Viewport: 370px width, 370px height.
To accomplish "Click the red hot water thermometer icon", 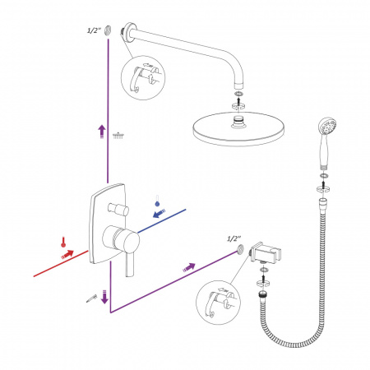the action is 63,242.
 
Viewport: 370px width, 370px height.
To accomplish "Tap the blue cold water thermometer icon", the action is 157,201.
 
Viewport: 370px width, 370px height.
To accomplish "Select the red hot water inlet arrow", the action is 67,254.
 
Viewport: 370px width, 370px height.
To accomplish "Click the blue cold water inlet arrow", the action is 159,213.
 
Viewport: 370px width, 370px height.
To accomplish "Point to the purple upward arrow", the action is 102,132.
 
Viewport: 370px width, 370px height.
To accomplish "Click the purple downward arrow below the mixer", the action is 104,296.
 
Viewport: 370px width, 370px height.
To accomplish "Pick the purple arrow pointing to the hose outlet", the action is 189,267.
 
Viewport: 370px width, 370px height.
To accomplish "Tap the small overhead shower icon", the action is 118,136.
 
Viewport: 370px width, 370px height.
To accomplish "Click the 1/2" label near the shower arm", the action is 94,30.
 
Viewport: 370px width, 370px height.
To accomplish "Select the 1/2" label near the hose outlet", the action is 234,238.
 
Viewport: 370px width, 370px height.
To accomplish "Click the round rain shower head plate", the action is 238,128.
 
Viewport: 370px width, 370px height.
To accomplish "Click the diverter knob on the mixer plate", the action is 118,210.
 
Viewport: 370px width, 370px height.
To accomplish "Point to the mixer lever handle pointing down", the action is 129,264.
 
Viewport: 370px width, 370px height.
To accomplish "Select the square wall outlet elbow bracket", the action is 266,252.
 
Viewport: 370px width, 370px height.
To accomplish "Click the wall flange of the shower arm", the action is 129,31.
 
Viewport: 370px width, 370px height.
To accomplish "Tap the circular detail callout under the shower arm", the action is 143,78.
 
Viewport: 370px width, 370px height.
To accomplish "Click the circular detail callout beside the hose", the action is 218,303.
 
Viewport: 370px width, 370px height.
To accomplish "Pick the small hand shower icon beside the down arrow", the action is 92,298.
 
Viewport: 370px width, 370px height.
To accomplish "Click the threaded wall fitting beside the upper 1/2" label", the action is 108,30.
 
